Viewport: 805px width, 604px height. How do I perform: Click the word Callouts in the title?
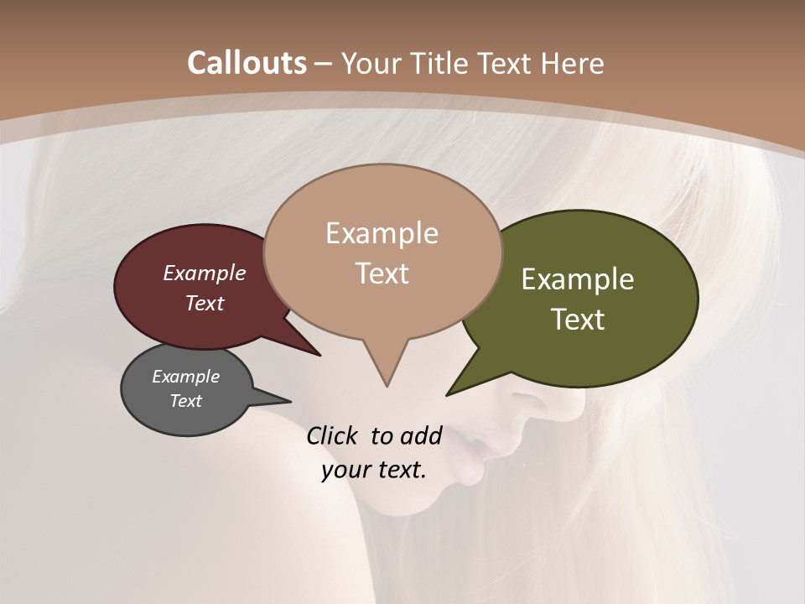point(247,63)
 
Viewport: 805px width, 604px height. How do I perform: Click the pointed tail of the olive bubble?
point(451,393)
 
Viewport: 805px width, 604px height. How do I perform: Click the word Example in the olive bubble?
point(578,279)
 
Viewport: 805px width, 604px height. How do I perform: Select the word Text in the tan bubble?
point(382,273)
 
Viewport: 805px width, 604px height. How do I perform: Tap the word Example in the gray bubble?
point(186,377)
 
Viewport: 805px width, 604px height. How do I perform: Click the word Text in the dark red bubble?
point(205,303)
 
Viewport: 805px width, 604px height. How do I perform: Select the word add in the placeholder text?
point(421,435)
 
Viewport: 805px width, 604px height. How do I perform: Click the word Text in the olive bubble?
point(579,320)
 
